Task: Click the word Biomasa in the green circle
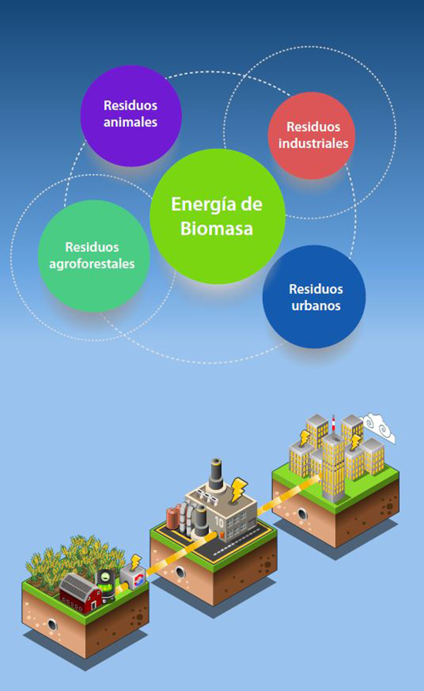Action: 217,228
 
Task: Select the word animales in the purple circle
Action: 130,122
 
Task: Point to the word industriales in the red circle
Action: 313,143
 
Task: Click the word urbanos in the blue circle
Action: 316,305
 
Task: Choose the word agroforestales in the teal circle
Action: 92,264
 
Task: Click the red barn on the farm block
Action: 80,592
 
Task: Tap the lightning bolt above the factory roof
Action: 238,489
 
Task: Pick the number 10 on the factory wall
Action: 219,522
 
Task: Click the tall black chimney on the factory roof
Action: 216,474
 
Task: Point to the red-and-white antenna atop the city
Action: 333,423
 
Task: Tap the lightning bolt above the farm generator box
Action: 136,563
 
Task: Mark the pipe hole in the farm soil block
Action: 52,625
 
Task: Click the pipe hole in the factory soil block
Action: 180,572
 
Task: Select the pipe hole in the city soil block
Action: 302,514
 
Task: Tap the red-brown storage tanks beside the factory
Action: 173,519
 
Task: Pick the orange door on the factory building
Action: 222,535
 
